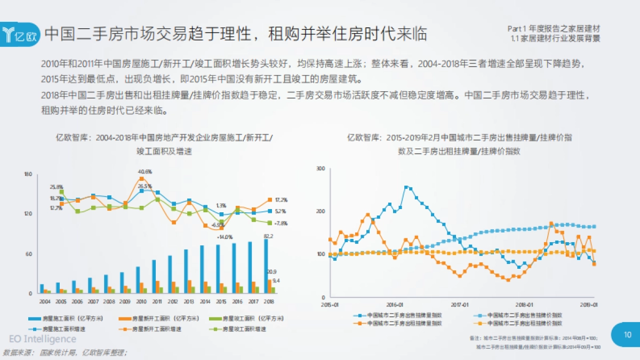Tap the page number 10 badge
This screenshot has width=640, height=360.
627,334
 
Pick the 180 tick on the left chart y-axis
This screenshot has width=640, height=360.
28,174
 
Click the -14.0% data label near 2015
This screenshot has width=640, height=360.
225,236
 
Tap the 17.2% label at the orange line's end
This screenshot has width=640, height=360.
281,200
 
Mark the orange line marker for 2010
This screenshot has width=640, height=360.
141,179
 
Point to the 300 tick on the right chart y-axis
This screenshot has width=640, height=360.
320,169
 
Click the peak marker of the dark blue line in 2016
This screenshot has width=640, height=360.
406,187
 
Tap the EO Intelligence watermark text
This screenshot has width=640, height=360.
43,339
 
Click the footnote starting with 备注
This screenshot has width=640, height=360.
533,338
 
